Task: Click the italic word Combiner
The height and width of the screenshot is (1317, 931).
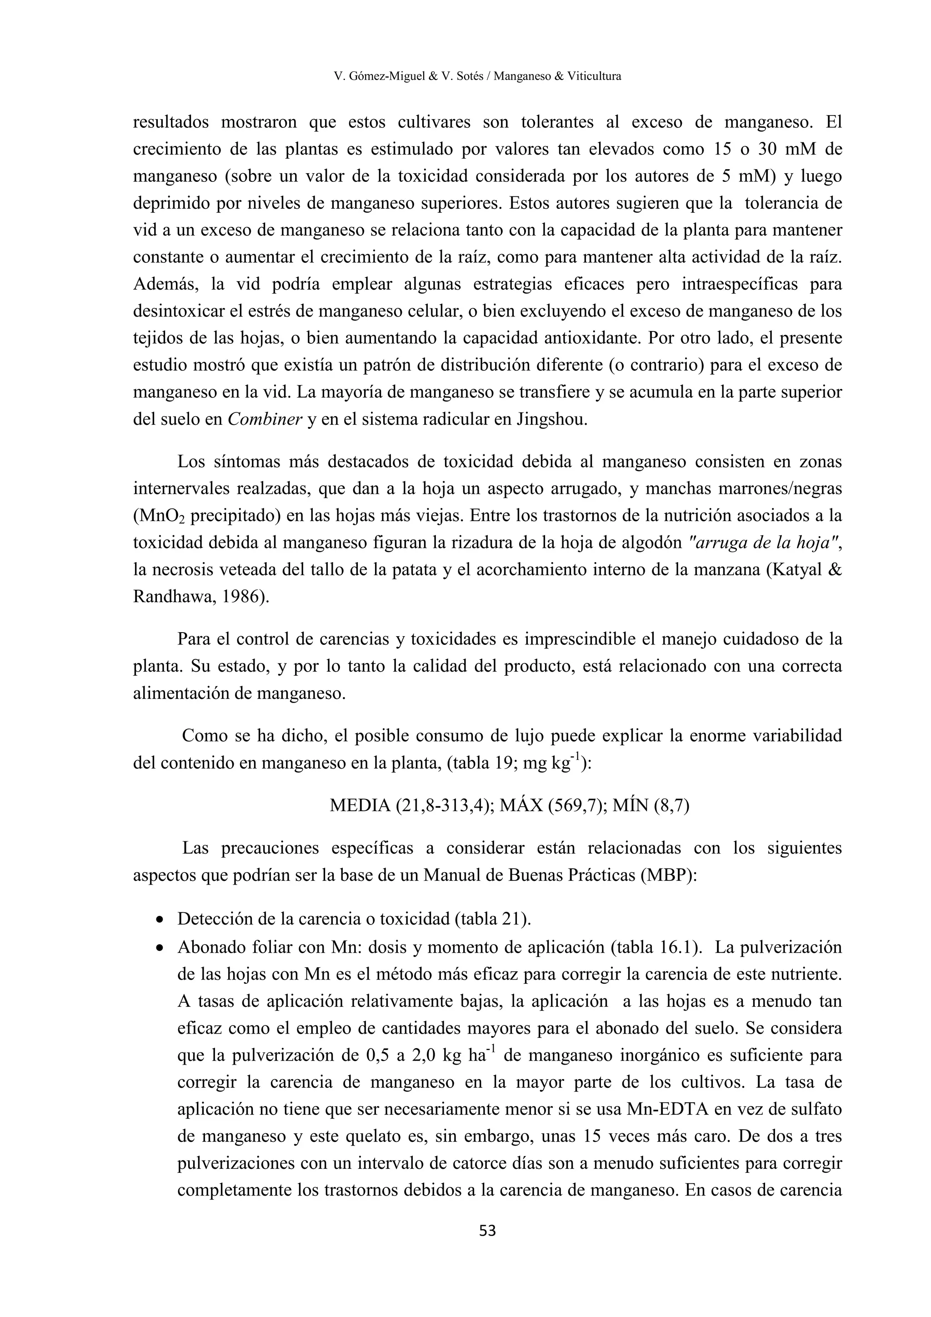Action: coord(264,419)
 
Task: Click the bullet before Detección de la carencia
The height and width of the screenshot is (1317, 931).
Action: coord(161,920)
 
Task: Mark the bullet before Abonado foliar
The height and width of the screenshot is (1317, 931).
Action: coord(161,947)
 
